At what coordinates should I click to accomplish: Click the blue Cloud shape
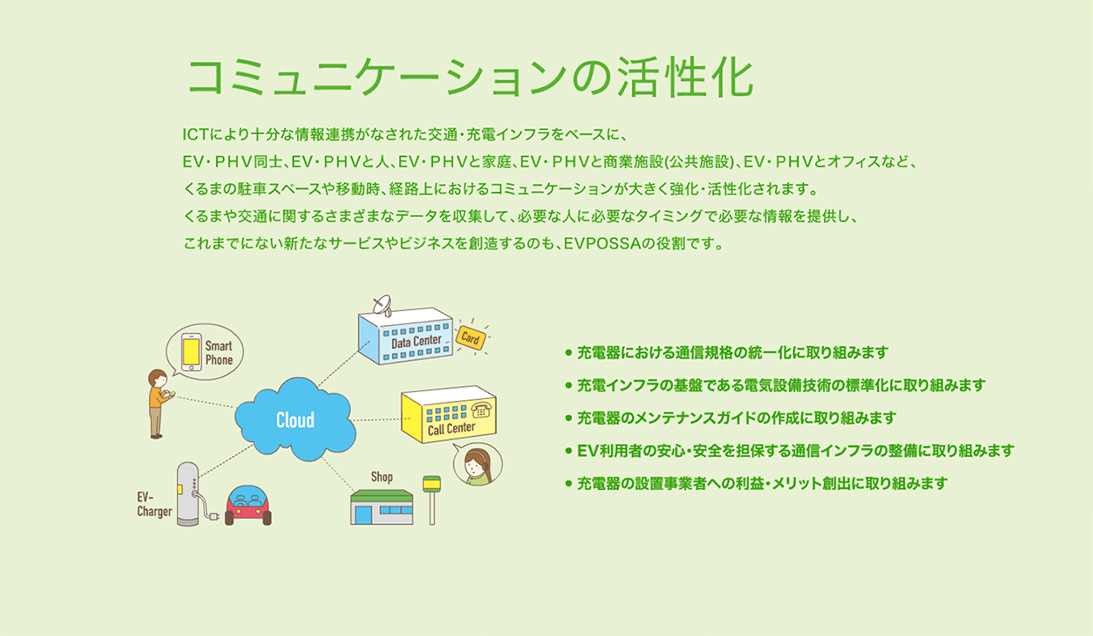pyautogui.click(x=295, y=419)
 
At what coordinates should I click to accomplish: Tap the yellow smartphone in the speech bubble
pyautogui.click(x=190, y=352)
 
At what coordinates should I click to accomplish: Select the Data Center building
pyautogui.click(x=405, y=336)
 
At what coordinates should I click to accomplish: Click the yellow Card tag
pyautogui.click(x=471, y=337)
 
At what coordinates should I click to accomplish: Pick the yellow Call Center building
pyautogui.click(x=449, y=415)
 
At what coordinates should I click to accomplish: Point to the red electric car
pyautogui.click(x=248, y=506)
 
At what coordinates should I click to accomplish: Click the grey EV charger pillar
pyautogui.click(x=188, y=493)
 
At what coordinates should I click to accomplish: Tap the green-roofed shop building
pyautogui.click(x=382, y=507)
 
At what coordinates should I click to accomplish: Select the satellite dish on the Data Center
pyautogui.click(x=382, y=304)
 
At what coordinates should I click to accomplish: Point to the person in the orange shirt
pyautogui.click(x=159, y=403)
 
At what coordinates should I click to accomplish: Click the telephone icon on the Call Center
pyautogui.click(x=481, y=410)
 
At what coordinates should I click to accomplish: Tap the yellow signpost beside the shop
pyautogui.click(x=431, y=500)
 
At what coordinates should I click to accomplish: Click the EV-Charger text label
pyautogui.click(x=154, y=505)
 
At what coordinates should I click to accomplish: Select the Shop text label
pyautogui.click(x=382, y=477)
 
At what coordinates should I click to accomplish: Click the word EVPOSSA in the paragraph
pyautogui.click(x=602, y=243)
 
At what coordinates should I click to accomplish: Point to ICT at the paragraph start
pyautogui.click(x=195, y=135)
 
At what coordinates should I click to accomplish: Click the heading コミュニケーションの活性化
pyautogui.click(x=471, y=77)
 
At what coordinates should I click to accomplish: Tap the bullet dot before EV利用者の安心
pyautogui.click(x=568, y=451)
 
